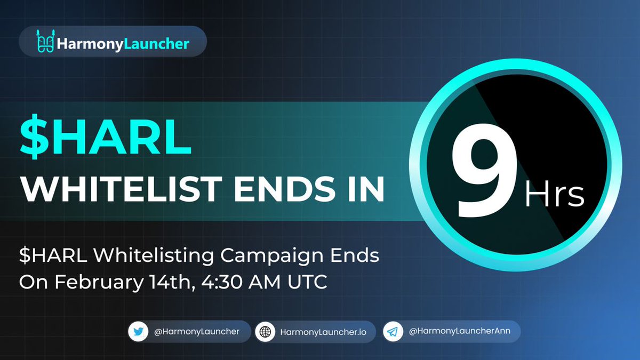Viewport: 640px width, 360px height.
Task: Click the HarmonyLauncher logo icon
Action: [x=45, y=42]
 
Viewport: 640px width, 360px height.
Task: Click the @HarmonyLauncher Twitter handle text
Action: [x=197, y=332]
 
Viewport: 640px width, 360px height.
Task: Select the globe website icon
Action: [x=265, y=332]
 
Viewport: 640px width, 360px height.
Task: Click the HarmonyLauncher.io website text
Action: [x=323, y=332]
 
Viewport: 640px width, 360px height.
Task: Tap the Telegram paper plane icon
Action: [x=393, y=332]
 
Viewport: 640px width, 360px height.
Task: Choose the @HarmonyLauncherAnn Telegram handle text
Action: [x=459, y=332]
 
